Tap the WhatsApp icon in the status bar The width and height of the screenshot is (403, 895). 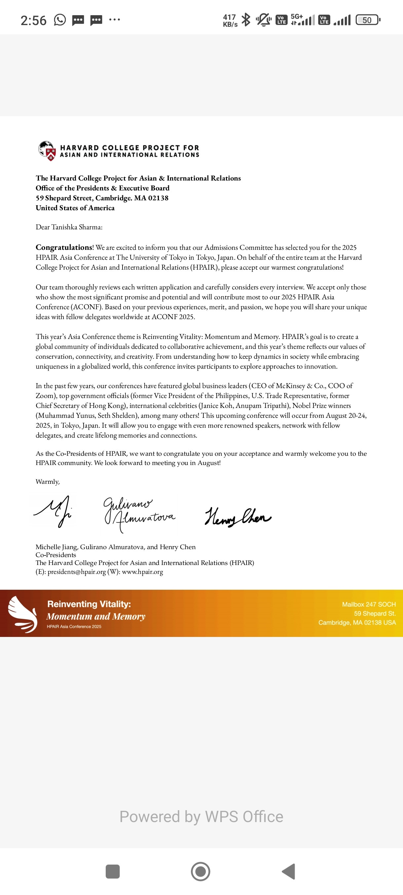coord(60,20)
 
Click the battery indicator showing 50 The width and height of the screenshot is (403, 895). coord(368,20)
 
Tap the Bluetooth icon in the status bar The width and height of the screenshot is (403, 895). coord(246,20)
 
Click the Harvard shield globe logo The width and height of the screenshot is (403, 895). coord(47,151)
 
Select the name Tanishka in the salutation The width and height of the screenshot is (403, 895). coord(64,227)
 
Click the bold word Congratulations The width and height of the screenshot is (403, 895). coord(64,248)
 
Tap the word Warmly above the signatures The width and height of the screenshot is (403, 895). coord(47,481)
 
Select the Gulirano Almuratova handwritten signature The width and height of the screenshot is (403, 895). coord(139,513)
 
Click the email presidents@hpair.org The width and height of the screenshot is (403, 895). coord(77,572)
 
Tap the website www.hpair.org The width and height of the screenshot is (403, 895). coord(142,572)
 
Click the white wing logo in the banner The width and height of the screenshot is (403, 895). coord(22,614)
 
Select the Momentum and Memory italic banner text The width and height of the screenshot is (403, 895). coord(95,616)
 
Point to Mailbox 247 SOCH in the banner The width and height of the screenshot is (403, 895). coord(369,605)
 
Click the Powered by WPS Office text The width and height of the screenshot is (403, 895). coord(201,816)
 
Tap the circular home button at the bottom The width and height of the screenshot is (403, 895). coord(201,871)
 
